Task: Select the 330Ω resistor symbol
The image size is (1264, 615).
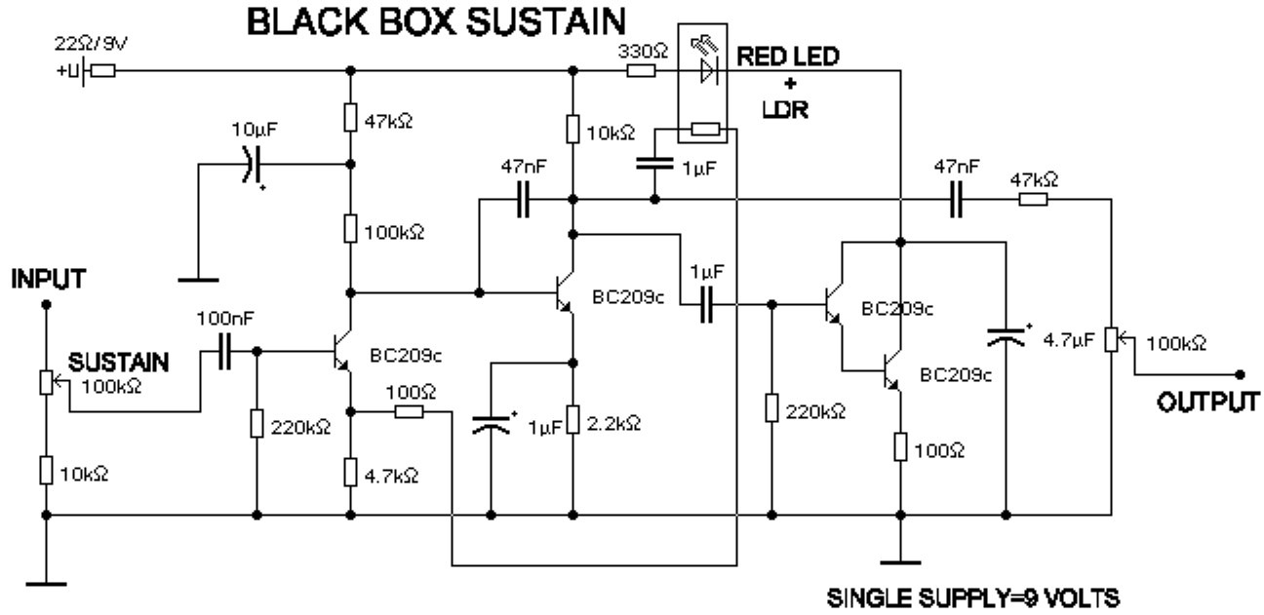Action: pyautogui.click(x=640, y=70)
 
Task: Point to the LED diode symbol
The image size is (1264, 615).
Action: pyautogui.click(x=709, y=70)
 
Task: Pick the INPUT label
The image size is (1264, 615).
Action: pyautogui.click(x=46, y=280)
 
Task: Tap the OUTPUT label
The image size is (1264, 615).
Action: pyautogui.click(x=1207, y=403)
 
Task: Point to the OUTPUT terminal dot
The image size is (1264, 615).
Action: pyautogui.click(x=1240, y=374)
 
